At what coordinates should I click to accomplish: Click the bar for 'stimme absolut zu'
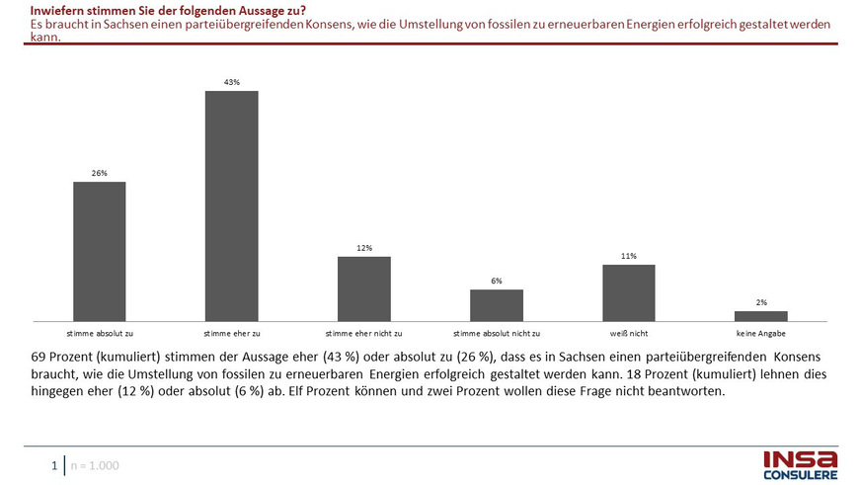coord(100,251)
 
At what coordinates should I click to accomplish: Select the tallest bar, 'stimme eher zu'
coord(231,205)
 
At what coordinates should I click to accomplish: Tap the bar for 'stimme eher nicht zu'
coord(364,288)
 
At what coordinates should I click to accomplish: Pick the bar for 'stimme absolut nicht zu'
coord(496,304)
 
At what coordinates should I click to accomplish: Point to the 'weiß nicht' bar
coord(628,292)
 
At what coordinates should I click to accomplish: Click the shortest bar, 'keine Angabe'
coord(761,315)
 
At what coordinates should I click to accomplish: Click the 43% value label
coord(231,82)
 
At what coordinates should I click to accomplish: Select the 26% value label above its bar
coord(100,173)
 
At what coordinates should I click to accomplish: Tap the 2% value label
coord(761,302)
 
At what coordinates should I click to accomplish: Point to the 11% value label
coord(628,256)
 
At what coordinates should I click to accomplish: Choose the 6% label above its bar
coord(496,281)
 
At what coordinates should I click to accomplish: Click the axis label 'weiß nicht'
coord(628,333)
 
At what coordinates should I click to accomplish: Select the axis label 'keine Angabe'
coord(761,333)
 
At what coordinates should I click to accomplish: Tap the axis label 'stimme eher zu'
coord(231,333)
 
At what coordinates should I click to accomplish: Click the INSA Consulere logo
coord(800,464)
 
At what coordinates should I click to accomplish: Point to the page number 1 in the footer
coord(55,464)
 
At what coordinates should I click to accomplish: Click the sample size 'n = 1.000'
coord(95,464)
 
